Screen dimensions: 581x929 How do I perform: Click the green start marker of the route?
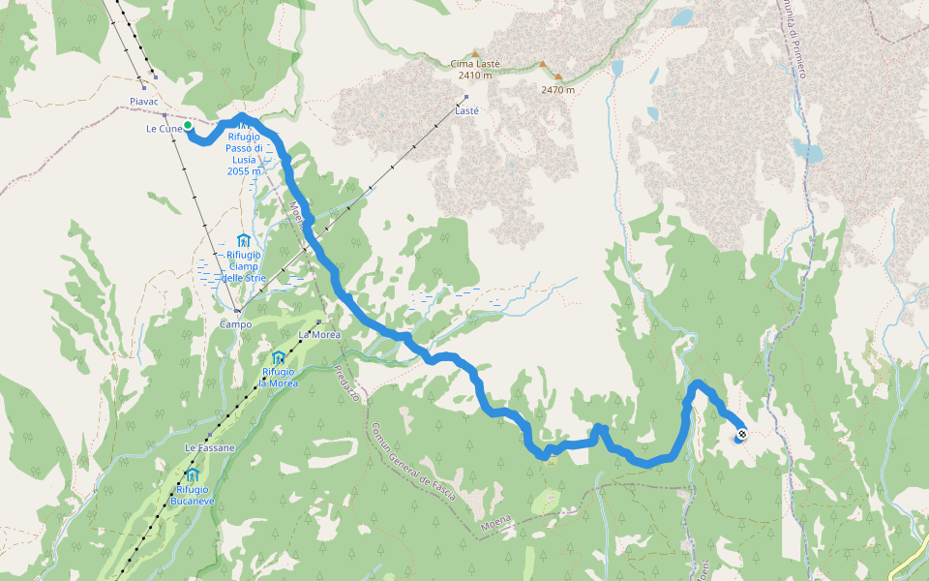188,125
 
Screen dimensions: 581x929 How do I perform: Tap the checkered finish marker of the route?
741,435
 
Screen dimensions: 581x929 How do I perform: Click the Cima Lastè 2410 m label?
475,69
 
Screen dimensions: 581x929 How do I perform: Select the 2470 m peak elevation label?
558,90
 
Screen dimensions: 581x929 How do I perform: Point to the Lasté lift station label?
467,110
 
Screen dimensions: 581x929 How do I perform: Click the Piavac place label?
143,101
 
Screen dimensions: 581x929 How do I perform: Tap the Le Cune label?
162,128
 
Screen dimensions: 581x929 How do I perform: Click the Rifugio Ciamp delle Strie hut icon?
243,240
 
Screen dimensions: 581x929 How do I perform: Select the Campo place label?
235,324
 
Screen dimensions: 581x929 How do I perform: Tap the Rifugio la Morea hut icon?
279,357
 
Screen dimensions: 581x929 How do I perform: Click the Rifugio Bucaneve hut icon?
192,474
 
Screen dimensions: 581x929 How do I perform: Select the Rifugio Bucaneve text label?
192,496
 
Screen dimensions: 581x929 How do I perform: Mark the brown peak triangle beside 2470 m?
543,66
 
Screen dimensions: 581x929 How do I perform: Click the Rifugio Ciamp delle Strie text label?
243,266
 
